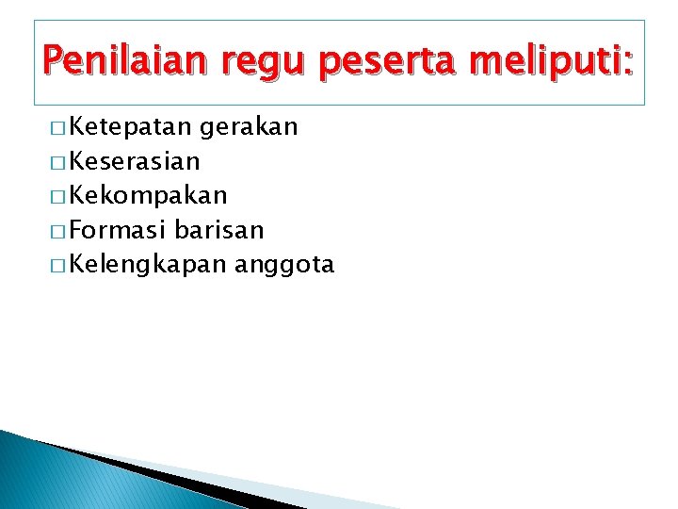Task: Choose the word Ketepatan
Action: click(131, 126)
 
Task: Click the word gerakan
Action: click(250, 127)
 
